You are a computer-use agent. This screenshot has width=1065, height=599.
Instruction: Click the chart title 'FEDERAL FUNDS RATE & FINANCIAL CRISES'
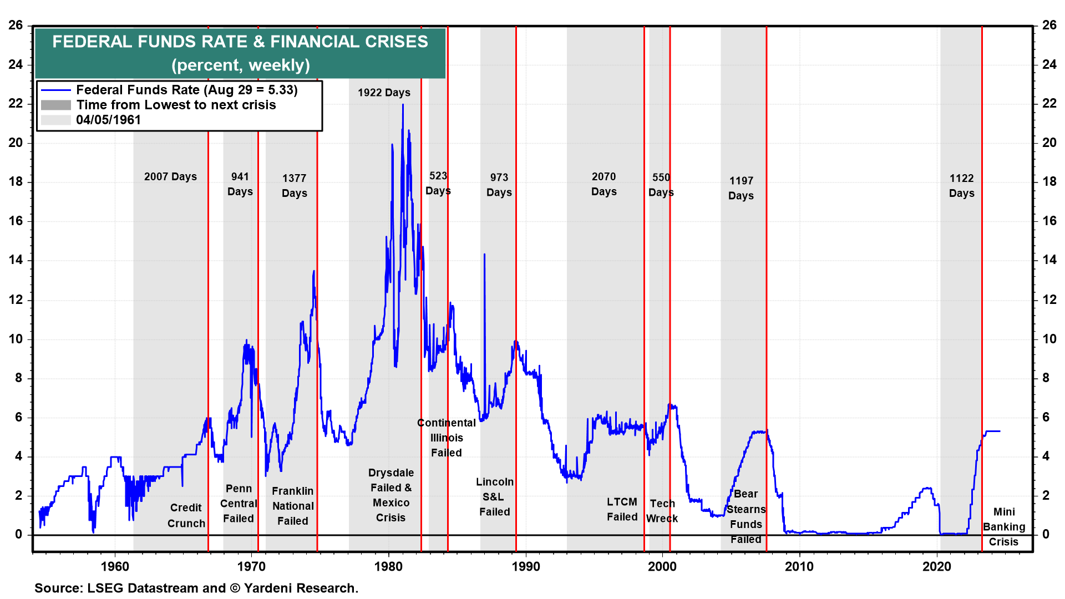click(240, 42)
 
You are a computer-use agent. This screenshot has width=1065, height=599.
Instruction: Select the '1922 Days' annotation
click(384, 93)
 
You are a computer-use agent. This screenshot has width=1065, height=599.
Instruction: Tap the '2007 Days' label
click(170, 177)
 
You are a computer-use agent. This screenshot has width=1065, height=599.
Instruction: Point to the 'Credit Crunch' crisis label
click(186, 515)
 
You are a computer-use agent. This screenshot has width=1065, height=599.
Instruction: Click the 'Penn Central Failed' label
click(239, 504)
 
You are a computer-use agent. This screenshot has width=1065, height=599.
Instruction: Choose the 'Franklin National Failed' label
click(293, 506)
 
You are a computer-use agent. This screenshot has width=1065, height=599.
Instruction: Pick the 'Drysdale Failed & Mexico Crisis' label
click(391, 495)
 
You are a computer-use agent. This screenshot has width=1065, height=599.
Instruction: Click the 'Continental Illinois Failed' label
click(447, 438)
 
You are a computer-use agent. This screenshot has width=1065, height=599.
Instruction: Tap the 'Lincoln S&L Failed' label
click(494, 497)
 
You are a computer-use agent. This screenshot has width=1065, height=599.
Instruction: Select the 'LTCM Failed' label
click(622, 509)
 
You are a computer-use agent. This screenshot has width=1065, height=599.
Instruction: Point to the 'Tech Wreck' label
click(662, 511)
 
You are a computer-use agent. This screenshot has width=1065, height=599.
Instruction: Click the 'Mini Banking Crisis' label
click(1004, 527)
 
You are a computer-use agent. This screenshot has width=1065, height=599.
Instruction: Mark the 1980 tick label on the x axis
click(388, 566)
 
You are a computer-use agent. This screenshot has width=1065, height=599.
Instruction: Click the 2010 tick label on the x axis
click(799, 566)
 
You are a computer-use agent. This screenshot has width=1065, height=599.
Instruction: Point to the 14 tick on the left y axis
click(16, 260)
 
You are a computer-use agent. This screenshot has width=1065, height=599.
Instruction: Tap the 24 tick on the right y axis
click(1049, 64)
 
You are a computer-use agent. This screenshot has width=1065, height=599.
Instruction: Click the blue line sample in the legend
click(56, 90)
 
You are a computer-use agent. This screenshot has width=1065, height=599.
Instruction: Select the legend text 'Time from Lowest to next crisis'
click(176, 105)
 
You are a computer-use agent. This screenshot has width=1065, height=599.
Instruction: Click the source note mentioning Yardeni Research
click(196, 588)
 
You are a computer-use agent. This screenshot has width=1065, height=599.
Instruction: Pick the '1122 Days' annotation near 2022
click(961, 186)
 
